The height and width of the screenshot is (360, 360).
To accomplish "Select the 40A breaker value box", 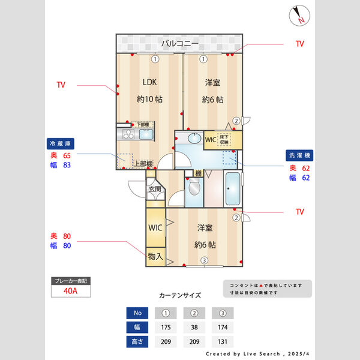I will [x=71, y=292].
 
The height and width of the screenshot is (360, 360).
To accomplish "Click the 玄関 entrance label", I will [x=154, y=190].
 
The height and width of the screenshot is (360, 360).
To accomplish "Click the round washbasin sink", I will [x=194, y=139].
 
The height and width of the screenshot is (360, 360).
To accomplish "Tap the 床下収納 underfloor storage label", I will [x=224, y=140].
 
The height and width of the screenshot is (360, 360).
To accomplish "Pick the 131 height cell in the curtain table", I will [x=223, y=342].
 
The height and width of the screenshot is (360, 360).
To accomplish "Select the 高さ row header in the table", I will [x=137, y=342].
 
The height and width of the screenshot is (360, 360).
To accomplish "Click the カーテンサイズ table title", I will [x=180, y=295].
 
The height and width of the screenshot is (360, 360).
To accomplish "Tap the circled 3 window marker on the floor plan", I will [x=204, y=260].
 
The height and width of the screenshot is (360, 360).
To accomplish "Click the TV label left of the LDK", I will [x=61, y=85].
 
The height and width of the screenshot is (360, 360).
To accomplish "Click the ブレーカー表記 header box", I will [x=71, y=281].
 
